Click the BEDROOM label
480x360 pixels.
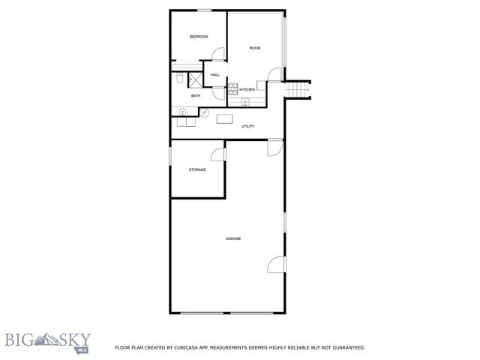(198, 37)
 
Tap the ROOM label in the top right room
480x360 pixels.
(255, 48)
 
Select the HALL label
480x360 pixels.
(215, 75)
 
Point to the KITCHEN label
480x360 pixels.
(247, 89)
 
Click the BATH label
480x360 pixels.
(196, 95)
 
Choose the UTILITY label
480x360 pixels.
(247, 126)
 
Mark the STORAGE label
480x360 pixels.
(197, 169)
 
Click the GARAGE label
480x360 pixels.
(233, 238)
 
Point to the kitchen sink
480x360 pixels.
(244, 102)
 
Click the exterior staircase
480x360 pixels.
(299, 89)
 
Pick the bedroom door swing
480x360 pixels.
(218, 55)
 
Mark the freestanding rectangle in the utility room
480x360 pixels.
(224, 118)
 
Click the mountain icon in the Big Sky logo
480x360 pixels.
(37, 337)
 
